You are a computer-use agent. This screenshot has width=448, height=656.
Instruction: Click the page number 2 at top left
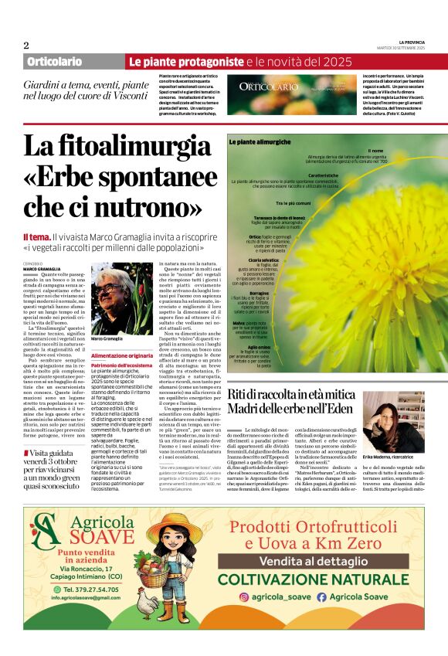(x=26, y=45)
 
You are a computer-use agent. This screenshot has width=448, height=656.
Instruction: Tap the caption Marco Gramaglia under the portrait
(x=108, y=338)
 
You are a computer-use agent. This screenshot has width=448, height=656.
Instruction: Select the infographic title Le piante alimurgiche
(x=259, y=143)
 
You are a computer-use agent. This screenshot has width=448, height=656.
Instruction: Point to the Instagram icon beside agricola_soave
(x=245, y=597)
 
